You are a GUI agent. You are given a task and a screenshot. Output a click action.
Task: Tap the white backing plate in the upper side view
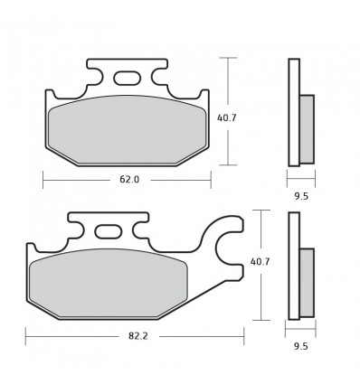tap(292, 113)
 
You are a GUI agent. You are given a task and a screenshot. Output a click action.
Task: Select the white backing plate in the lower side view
tap(292, 267)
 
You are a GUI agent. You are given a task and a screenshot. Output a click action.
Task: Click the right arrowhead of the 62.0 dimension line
tap(209, 180)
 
